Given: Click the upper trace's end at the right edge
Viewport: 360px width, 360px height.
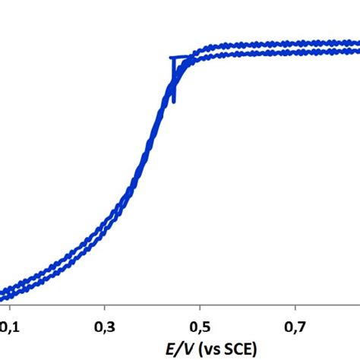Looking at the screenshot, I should (357, 43).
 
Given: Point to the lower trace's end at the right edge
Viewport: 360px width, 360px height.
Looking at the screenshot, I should (357, 51).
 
